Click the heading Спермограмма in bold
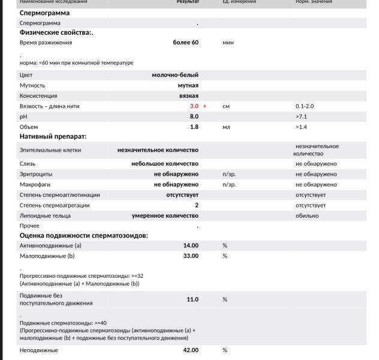pyautogui.click(x=44, y=13)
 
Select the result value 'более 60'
pyautogui.click(x=185, y=43)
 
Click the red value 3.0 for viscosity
pyautogui.click(x=194, y=106)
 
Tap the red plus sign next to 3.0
pyautogui.click(x=204, y=106)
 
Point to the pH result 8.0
pyautogui.click(x=194, y=116)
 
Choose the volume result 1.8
pyautogui.click(x=194, y=127)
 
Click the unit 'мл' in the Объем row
pyautogui.click(x=226, y=127)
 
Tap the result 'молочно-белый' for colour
pyautogui.click(x=175, y=75)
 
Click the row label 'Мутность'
pyautogui.click(x=32, y=85)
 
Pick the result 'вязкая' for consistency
pyautogui.click(x=188, y=95)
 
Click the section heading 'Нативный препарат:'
pyautogui.click(x=53, y=137)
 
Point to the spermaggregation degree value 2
pyautogui.click(x=196, y=205)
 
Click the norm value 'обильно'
pyautogui.click(x=307, y=215)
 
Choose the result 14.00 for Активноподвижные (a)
pyautogui.click(x=191, y=245)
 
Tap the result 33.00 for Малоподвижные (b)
pyautogui.click(x=191, y=256)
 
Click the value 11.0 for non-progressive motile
pyautogui.click(x=192, y=299)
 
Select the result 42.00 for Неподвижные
pyautogui.click(x=191, y=350)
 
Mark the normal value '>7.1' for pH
pyautogui.click(x=301, y=116)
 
